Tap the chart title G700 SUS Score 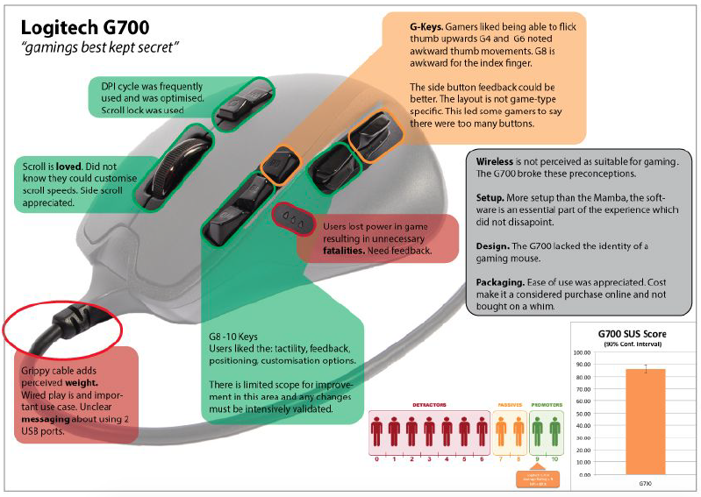[633, 333]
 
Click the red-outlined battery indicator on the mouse [290, 221]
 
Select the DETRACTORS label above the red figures [430, 405]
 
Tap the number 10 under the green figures [554, 458]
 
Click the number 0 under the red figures [377, 458]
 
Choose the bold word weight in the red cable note [77, 384]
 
